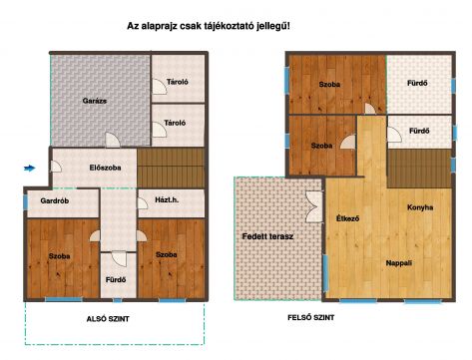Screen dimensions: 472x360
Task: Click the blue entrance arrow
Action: click(x=30, y=168)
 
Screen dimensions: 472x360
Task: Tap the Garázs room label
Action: click(x=95, y=101)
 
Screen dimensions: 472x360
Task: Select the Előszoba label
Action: click(x=105, y=168)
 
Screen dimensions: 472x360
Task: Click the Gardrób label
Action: click(x=55, y=200)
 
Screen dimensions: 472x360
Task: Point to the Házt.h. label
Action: click(x=167, y=199)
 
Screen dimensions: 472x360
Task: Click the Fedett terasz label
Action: click(x=267, y=236)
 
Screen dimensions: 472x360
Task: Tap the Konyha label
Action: click(x=420, y=207)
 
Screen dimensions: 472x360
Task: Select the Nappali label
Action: click(x=399, y=263)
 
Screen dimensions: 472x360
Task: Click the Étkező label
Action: click(x=347, y=218)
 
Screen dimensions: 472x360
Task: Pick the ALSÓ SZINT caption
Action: click(x=108, y=319)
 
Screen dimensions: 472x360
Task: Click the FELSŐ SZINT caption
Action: click(x=311, y=318)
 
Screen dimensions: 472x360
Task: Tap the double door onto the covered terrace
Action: click(x=314, y=206)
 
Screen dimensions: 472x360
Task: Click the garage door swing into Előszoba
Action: click(x=113, y=140)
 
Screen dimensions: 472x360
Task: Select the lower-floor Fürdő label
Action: click(x=116, y=280)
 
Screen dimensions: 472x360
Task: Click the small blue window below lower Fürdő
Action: click(x=117, y=300)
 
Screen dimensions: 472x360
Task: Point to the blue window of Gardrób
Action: click(x=25, y=202)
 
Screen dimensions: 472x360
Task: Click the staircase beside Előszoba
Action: click(x=171, y=168)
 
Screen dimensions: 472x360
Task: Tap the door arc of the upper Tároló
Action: click(x=160, y=87)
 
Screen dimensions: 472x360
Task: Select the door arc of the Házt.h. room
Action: click(x=143, y=203)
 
